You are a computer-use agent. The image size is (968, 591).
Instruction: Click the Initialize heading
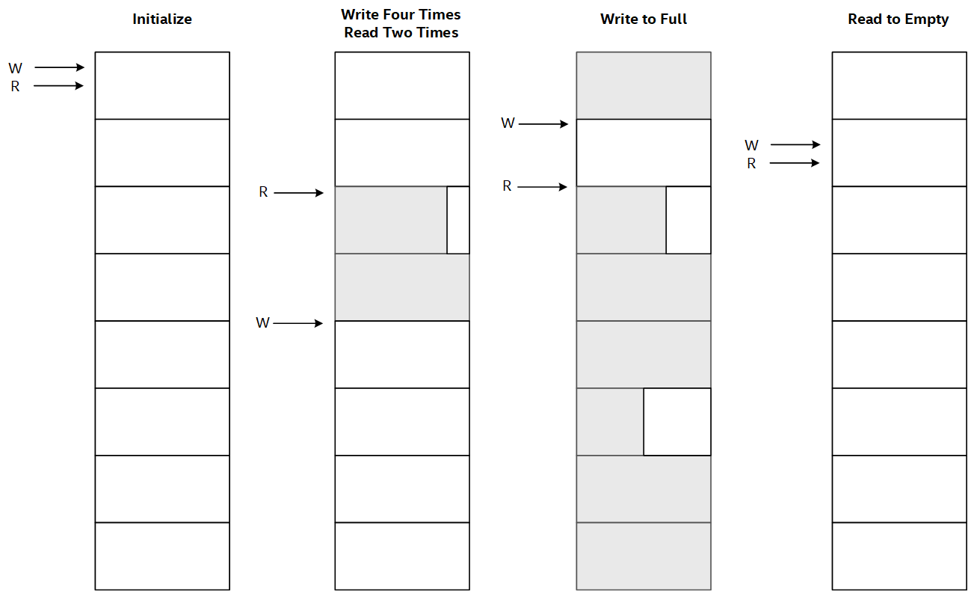point(162,19)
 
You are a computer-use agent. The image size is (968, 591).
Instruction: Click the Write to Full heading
point(644,19)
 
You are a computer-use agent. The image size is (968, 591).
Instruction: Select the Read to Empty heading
point(898,19)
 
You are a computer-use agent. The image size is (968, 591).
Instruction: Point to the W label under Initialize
point(15,68)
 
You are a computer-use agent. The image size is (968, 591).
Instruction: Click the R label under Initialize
point(15,87)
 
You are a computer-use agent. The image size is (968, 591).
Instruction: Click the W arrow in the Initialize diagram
point(60,67)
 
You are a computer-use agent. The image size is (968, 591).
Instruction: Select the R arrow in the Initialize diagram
point(58,86)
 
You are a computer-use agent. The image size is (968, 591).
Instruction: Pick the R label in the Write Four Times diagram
point(263,192)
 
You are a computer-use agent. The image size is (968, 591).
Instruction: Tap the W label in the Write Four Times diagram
point(263,322)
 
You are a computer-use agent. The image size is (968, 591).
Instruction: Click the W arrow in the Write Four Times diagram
point(298,323)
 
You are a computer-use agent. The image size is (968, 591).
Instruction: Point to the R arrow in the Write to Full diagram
point(543,187)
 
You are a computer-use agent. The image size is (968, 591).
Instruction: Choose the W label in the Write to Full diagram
point(508,123)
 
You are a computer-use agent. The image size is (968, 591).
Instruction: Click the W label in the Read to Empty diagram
point(751,145)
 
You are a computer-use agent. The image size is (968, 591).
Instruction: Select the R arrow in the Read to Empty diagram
point(795,162)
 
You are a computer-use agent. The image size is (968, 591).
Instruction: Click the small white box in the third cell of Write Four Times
point(458,220)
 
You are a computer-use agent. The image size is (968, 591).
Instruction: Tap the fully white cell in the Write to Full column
point(644,153)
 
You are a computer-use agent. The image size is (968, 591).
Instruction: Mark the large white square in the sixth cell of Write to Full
point(677,422)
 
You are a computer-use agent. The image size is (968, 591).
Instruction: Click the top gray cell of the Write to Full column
point(644,86)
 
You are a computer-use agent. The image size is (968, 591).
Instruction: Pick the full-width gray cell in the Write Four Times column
point(402,287)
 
